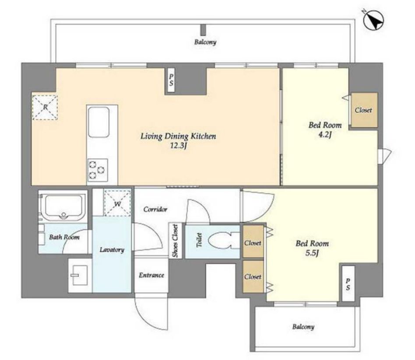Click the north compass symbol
[x=374, y=21]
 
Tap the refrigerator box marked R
[x=45, y=107]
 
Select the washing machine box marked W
[x=117, y=203]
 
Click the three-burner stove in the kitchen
[x=98, y=170]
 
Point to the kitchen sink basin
[x=98, y=122]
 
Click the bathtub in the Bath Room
[x=63, y=207]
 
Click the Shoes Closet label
[x=175, y=241]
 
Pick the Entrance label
[x=151, y=275]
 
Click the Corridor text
[x=155, y=209]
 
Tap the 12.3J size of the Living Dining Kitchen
[x=178, y=146]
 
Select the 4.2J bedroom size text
[x=325, y=134]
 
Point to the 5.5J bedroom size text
[x=312, y=253]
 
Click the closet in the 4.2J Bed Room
[x=364, y=110]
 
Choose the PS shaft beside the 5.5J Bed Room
[x=348, y=283]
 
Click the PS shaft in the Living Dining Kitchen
[x=171, y=80]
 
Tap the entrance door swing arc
[x=147, y=316]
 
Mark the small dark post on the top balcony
[x=203, y=30]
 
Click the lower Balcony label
[x=303, y=327]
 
